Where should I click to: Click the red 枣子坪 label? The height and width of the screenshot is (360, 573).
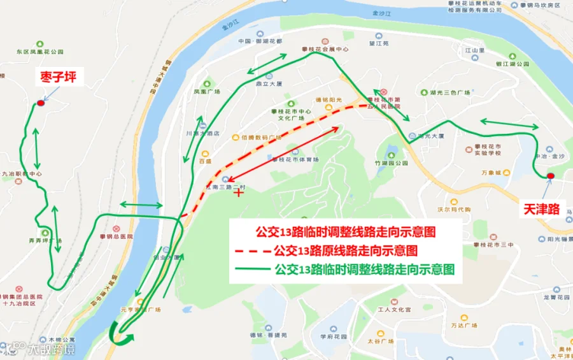(x=59, y=78)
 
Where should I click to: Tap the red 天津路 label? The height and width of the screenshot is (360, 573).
(x=540, y=208)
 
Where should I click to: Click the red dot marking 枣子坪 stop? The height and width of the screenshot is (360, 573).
(x=41, y=103)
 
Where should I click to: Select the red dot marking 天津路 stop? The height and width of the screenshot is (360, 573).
(x=550, y=176)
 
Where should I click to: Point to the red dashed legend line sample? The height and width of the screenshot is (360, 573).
(x=251, y=250)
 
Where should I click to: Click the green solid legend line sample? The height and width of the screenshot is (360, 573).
(x=251, y=270)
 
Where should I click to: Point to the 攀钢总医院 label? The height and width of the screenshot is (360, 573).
(x=120, y=236)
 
